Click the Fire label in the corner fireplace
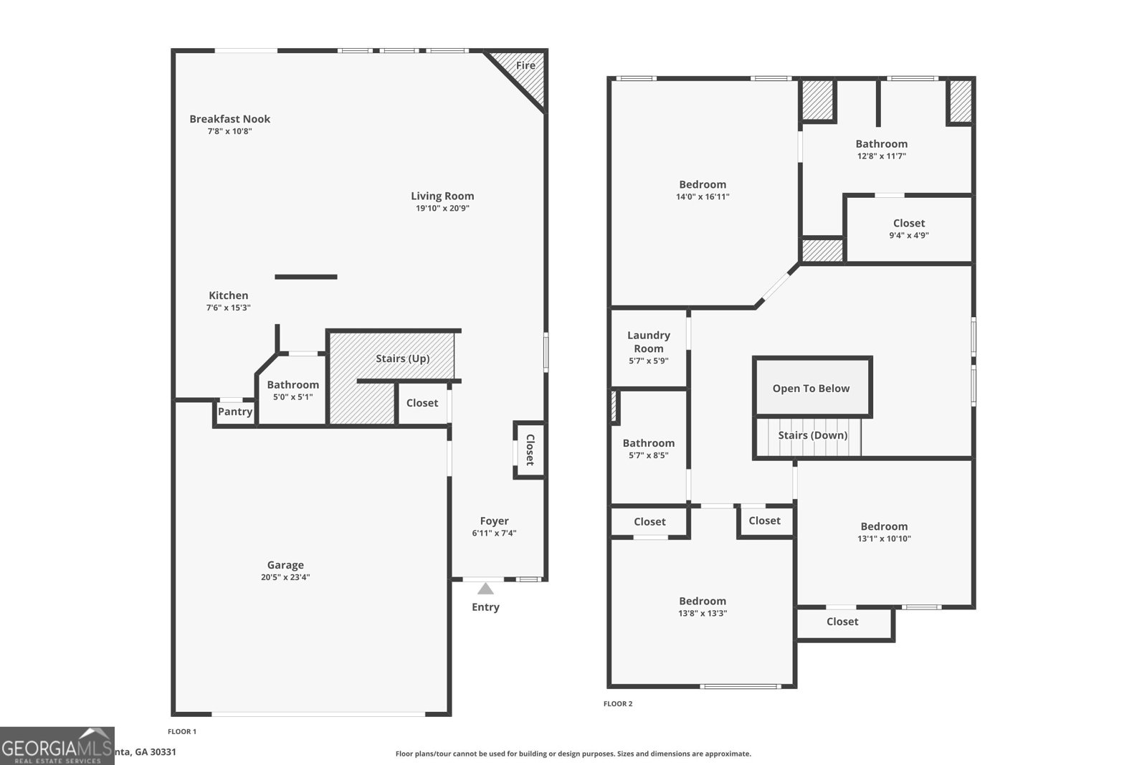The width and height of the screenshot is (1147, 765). coord(525,65)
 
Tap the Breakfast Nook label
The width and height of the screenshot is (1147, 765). coord(229,119)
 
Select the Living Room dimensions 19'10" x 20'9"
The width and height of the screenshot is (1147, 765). coord(442,209)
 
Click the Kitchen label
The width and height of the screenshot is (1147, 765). coord(228,295)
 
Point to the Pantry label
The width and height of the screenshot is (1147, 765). coord(235,412)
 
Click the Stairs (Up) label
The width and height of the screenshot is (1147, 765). coord(402,358)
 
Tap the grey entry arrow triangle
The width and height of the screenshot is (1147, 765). coord(485,589)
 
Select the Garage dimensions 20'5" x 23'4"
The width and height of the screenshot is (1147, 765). coord(285,577)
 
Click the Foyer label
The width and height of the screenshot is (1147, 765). coord(494,521)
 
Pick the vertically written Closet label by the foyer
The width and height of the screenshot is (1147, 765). coord(530,450)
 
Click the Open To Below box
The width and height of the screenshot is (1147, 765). coord(812,387)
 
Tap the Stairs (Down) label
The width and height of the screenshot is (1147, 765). coord(812,435)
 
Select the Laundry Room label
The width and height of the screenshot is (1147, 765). coord(648,341)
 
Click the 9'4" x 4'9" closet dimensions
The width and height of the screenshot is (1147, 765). coord(908,235)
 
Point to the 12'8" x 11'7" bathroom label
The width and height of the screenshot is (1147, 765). coord(881,156)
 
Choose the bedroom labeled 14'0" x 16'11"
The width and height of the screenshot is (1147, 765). coord(703,190)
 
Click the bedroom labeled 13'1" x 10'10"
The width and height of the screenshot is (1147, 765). coord(884,532)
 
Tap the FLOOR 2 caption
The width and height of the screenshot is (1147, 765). coord(618,704)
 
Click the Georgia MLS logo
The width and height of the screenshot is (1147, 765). coord(57,746)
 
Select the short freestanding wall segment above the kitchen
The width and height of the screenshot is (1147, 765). coord(305,277)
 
